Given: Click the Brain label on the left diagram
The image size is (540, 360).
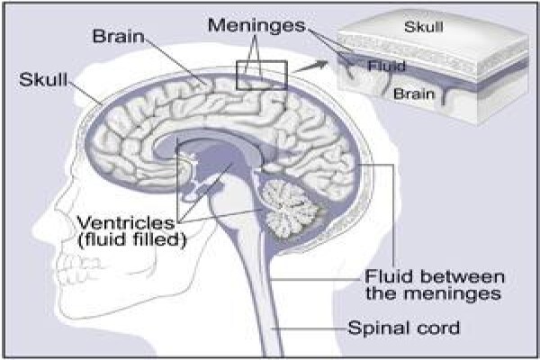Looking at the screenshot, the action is [x=118, y=36].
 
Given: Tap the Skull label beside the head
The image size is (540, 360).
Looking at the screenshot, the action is [x=43, y=79].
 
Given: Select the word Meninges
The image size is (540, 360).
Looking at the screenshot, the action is [x=256, y=26].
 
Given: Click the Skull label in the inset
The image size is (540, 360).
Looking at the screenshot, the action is [x=424, y=27].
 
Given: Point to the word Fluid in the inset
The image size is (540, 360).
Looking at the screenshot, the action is [x=386, y=66].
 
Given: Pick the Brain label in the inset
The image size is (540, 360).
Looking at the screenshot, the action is [x=414, y=94].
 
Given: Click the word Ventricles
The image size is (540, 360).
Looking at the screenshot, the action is [x=126, y=223].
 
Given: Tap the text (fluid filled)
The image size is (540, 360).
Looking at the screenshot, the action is [x=132, y=239].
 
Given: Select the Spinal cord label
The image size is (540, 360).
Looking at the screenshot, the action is [x=403, y=328].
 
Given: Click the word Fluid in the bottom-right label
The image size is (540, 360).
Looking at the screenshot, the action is [x=389, y=277].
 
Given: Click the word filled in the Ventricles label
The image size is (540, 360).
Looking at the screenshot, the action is [x=160, y=239].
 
